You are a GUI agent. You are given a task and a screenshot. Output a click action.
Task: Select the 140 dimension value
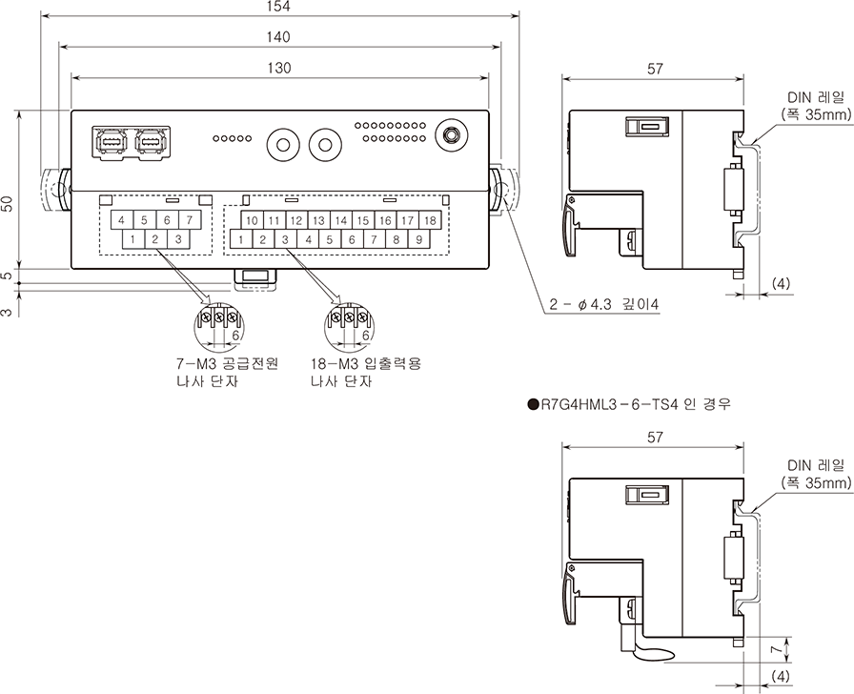(x=278, y=37)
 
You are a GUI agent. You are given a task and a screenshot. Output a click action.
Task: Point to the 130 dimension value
(x=278, y=68)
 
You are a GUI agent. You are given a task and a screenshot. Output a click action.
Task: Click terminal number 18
(x=430, y=220)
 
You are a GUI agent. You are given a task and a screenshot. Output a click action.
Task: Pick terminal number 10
(x=251, y=220)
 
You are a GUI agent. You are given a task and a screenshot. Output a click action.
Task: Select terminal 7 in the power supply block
(x=189, y=220)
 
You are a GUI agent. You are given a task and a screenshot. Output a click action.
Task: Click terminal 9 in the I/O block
(x=418, y=239)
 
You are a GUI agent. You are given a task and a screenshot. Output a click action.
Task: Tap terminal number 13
(x=318, y=220)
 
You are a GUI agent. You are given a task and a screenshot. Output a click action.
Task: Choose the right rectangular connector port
(x=150, y=141)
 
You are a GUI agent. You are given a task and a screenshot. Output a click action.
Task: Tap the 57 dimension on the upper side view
(x=654, y=69)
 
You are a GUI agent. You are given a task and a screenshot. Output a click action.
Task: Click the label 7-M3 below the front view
(x=197, y=364)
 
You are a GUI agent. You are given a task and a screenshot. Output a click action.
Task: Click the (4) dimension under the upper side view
(x=781, y=284)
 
